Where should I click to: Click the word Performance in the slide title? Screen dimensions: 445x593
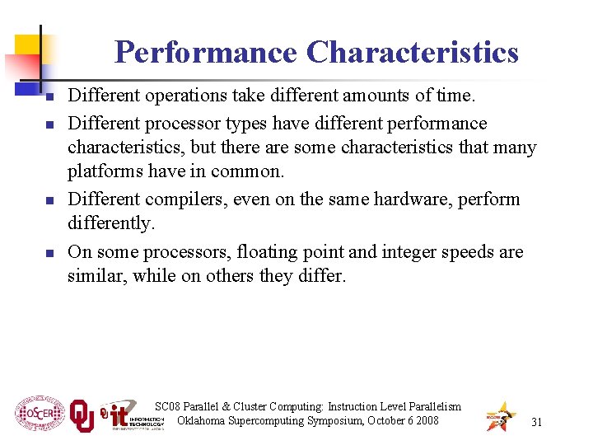coord(206,52)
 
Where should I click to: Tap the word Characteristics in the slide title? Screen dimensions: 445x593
coord(413,52)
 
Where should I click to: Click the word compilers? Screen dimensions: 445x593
coord(184,199)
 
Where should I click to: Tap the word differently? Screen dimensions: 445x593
coord(110,223)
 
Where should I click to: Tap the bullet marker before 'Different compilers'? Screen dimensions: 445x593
coord(49,201)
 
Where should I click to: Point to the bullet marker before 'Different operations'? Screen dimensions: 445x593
coord(49,98)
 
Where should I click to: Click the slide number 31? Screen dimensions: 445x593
coord(536,422)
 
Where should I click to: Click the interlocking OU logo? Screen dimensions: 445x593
coord(82,416)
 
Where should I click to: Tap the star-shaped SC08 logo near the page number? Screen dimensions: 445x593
coord(500,416)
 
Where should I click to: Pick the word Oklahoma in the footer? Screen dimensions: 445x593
coord(206,421)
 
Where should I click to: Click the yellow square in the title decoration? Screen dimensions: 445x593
coord(30,45)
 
